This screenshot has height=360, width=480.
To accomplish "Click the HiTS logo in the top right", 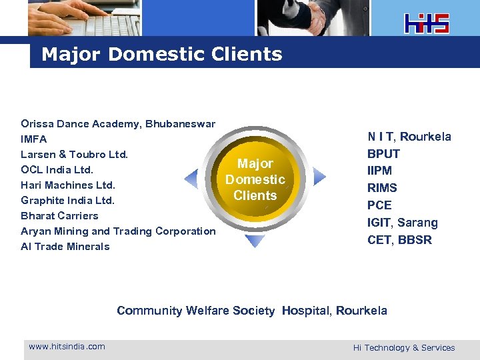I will [427, 23].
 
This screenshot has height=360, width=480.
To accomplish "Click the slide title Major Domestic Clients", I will [161, 54].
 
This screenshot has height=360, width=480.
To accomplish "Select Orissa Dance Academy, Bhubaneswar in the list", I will [118, 124].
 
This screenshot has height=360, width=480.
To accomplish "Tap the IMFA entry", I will [34, 139].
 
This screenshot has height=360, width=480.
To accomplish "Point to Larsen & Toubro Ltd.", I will [74, 155].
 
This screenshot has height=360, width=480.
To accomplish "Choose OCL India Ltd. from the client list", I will [57, 170].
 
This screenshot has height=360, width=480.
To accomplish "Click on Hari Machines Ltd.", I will [68, 185].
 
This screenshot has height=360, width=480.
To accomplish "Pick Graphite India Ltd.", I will [68, 201].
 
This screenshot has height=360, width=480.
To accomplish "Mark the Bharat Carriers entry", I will [59, 216].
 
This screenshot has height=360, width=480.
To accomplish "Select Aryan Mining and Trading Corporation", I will [118, 231].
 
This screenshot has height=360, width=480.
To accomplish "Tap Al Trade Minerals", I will [65, 247].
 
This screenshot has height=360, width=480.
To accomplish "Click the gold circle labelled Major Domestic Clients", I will [255, 179].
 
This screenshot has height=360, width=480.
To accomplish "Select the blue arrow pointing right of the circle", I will [319, 177].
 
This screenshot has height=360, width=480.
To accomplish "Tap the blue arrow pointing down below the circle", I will [255, 241].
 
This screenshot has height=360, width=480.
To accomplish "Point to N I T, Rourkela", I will [409, 137].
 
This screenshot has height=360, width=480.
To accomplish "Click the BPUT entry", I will [383, 154].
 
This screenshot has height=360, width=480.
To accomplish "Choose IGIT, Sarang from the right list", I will [403, 223].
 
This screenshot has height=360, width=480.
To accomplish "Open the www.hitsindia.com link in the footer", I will [67, 346].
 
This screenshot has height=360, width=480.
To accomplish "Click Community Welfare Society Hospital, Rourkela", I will [251, 311].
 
